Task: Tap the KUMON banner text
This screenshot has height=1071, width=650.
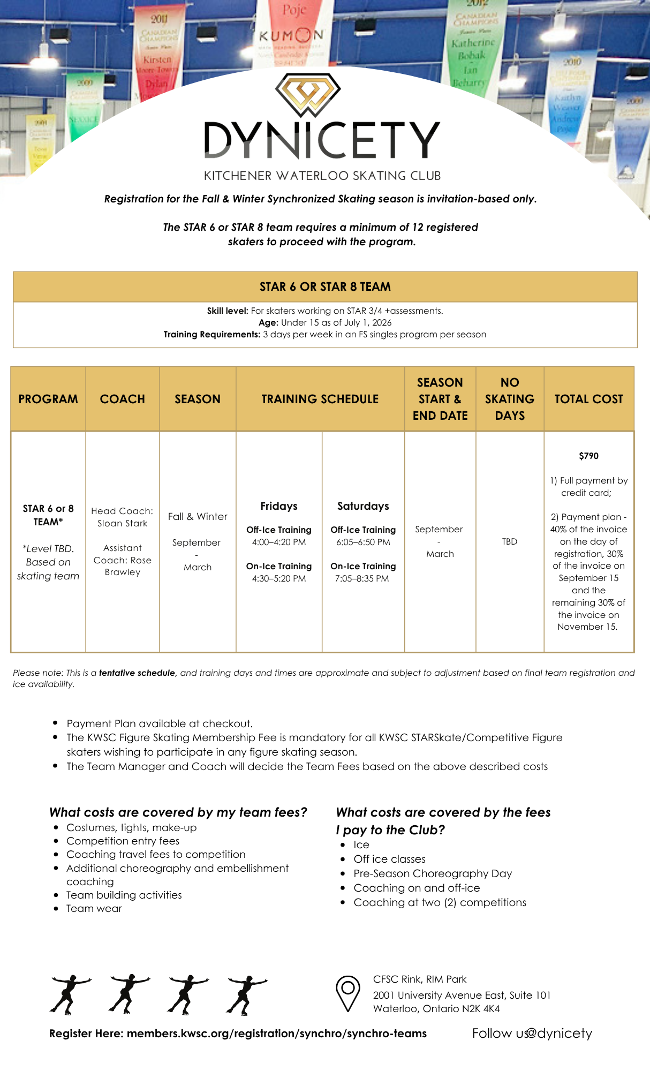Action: coord(291,36)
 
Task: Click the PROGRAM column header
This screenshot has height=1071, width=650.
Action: coord(48,399)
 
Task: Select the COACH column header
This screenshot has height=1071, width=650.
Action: coord(123,399)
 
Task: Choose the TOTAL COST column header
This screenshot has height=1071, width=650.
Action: coord(588,399)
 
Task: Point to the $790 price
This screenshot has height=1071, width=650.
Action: coord(588,456)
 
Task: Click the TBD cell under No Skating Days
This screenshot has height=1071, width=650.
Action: coord(510,541)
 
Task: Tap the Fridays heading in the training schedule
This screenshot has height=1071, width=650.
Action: coord(279,506)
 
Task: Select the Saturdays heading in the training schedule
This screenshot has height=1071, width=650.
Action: coord(363,506)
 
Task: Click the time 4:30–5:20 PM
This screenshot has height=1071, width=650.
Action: coord(279,578)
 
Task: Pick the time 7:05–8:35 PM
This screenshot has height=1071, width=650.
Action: coord(362,578)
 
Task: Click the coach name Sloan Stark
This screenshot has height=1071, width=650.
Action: coord(122,523)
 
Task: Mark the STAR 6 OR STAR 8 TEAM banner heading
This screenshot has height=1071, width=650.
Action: coord(325,286)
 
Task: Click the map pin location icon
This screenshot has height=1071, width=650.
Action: coord(347,993)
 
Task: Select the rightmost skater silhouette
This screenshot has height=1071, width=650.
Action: coord(246,994)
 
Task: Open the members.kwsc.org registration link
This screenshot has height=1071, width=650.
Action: coord(277,1033)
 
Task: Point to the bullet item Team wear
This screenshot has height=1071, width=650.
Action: coord(94,908)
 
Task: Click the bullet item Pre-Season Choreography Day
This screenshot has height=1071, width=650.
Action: coord(433,873)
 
